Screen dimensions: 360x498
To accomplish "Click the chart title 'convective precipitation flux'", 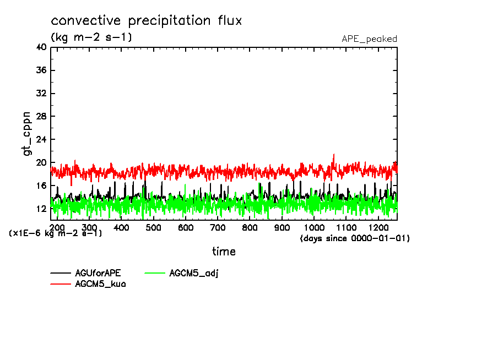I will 147,21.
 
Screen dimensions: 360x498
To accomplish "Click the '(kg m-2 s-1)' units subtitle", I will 91,37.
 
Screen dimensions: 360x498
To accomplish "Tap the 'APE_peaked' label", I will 369,39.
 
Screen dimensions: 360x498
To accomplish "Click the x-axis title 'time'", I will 224,252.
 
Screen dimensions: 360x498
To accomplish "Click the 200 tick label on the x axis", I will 57,228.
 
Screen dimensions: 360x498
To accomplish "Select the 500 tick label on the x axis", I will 153,228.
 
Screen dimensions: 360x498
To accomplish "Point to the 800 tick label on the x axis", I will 250,228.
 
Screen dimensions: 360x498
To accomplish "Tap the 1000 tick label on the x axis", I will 314,228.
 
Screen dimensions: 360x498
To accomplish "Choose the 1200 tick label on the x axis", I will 378,228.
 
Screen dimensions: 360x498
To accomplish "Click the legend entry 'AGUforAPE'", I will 98,273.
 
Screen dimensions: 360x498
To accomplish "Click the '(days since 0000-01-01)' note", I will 355,238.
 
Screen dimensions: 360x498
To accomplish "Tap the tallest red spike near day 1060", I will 333,155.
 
